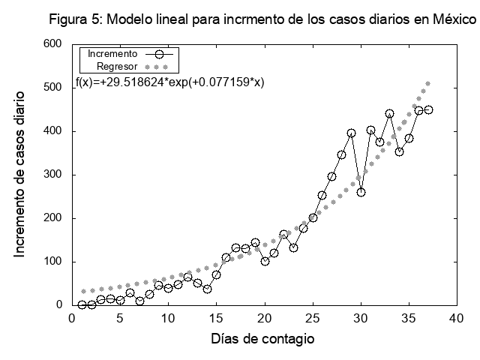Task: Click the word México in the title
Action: coord(454,19)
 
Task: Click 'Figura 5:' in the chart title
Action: coord(74,19)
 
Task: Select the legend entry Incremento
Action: coord(112,54)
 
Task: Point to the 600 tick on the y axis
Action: coord(52,44)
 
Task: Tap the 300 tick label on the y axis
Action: coord(52,175)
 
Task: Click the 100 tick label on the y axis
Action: coord(52,262)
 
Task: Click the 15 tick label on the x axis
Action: coord(216,318)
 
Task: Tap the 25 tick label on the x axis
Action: coord(313,318)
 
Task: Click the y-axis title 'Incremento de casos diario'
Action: coord(20,175)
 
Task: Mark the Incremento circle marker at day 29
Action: coord(351,133)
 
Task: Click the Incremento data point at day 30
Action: coord(361,192)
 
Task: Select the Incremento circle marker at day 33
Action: coord(389,114)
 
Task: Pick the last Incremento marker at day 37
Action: coord(428,109)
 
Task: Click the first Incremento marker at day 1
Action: coord(82,304)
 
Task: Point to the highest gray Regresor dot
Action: coord(428,84)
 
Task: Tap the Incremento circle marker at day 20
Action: coord(265,261)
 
